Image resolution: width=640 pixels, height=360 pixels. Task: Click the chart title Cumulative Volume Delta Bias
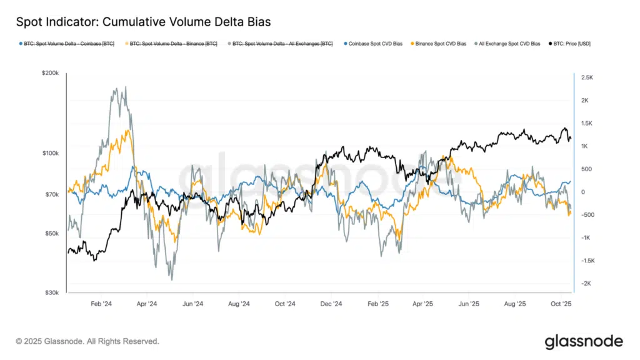(x=143, y=22)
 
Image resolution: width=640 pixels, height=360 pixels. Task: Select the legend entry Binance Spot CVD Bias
(x=439, y=44)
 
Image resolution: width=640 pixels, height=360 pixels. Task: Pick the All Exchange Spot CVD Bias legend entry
(x=507, y=44)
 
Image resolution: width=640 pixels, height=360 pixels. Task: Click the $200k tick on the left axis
(x=51, y=74)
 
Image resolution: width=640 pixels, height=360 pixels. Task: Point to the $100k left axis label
(x=51, y=153)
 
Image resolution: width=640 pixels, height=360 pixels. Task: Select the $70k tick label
(x=52, y=194)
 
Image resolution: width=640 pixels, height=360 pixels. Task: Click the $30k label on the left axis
(x=52, y=292)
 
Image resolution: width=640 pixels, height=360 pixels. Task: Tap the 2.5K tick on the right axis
(x=587, y=77)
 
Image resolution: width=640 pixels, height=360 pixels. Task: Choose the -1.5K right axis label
(x=587, y=261)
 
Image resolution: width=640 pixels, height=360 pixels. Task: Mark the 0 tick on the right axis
(x=582, y=192)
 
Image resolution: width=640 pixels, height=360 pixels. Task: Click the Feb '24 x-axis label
(x=101, y=304)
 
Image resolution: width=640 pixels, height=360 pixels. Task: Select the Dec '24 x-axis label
(x=330, y=304)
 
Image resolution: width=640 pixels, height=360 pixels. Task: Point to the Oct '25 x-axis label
(x=561, y=304)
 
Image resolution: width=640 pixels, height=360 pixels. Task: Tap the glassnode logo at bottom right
(x=583, y=341)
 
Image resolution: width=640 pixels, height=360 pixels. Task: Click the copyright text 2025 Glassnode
(x=87, y=341)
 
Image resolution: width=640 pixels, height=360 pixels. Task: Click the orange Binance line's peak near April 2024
(x=127, y=131)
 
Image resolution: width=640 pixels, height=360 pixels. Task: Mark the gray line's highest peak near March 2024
(x=116, y=89)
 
